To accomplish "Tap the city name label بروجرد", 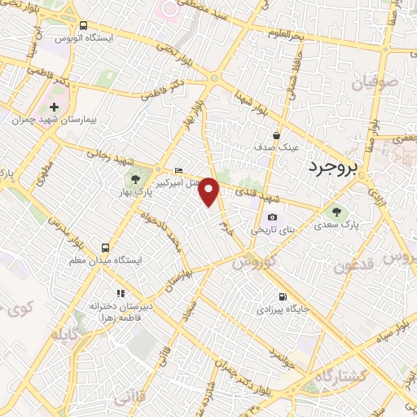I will point(334,168).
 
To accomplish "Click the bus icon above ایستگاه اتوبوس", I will point(85,25).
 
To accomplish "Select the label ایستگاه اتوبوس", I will point(85,38).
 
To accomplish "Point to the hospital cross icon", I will point(55,107).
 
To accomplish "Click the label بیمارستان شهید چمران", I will point(55,120).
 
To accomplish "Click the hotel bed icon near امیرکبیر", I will point(179,170).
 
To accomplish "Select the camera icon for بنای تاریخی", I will point(272,217).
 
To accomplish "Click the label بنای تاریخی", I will point(269,230).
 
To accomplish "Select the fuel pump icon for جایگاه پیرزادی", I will point(282,297).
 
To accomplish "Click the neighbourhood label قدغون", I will point(353,266).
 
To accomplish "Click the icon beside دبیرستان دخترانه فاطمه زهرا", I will point(119,293).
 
